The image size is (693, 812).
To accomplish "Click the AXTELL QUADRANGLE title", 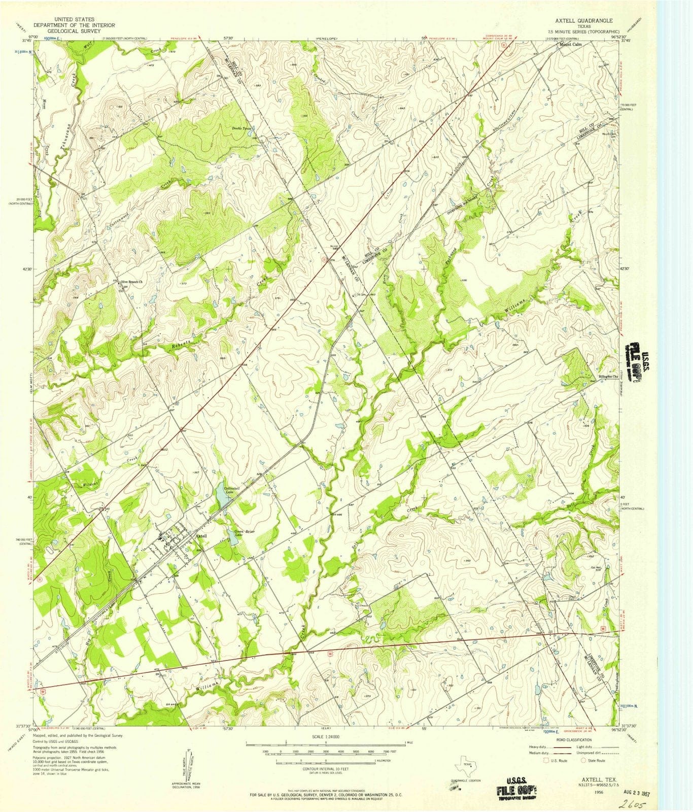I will pos(583,21).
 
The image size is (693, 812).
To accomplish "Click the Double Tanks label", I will pos(242,128).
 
